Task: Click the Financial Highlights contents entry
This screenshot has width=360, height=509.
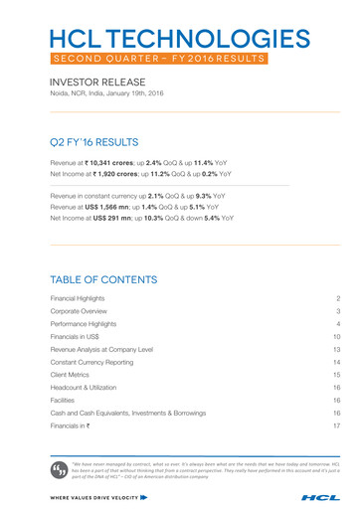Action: point(83,297)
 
